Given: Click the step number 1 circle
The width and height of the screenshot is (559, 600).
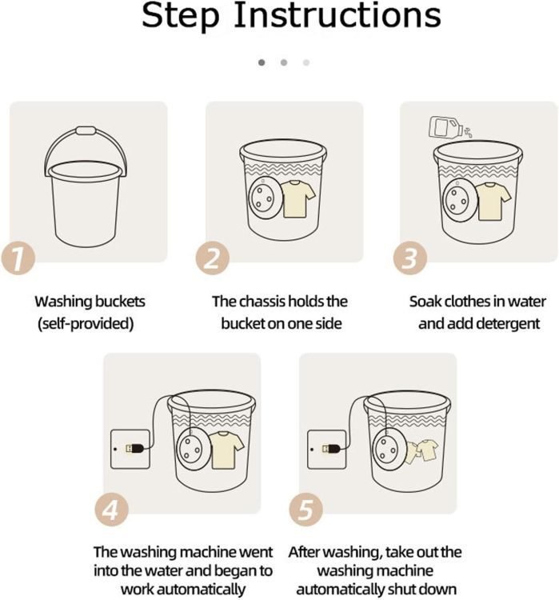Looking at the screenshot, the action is (x=18, y=258).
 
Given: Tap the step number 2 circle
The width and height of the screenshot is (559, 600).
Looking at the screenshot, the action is (x=213, y=258).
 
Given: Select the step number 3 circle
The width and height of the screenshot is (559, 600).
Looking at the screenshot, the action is (x=409, y=258).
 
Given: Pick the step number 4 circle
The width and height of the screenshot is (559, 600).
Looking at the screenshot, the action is (x=112, y=510).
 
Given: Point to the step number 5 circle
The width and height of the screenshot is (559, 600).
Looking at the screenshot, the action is (x=305, y=510).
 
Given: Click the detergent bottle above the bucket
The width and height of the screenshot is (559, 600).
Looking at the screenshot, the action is (x=444, y=126).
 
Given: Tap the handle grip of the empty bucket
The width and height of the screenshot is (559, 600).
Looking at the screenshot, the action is (x=86, y=131).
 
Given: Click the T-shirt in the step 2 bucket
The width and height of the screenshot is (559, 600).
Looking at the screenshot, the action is (x=297, y=199).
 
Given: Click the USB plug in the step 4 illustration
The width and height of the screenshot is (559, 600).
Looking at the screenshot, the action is (x=136, y=449).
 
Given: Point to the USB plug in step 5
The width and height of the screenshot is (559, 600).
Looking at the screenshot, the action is (x=332, y=449).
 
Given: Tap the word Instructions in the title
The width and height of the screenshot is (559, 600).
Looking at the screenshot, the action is (x=337, y=15).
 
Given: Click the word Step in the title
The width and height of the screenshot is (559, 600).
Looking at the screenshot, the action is (x=181, y=16).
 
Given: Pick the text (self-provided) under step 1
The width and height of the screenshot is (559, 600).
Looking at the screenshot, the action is (x=86, y=324).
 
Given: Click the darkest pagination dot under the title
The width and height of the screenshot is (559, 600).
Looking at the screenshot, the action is (x=262, y=62).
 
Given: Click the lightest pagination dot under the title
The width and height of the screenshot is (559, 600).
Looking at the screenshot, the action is (x=306, y=62).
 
